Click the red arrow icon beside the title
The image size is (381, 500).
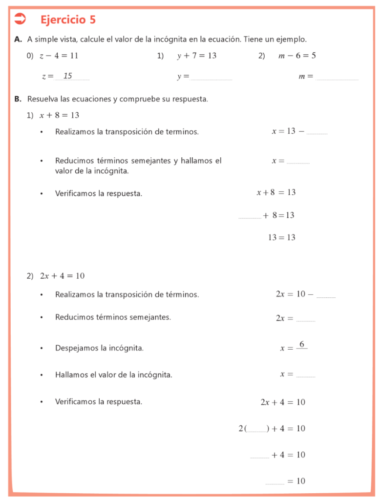click(20, 20)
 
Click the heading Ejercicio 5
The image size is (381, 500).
click(68, 20)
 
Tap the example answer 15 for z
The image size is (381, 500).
click(68, 76)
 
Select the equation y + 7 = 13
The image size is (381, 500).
click(196, 56)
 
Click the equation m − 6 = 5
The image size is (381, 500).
click(297, 56)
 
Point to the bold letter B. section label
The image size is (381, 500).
click(18, 99)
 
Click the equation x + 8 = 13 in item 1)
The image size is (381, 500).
click(59, 115)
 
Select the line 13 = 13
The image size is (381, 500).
click(281, 238)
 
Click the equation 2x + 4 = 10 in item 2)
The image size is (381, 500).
click(62, 276)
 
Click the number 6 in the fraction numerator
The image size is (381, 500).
click(302, 344)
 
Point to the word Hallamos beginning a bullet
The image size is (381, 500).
click(71, 375)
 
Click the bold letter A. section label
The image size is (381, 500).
click(18, 39)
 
